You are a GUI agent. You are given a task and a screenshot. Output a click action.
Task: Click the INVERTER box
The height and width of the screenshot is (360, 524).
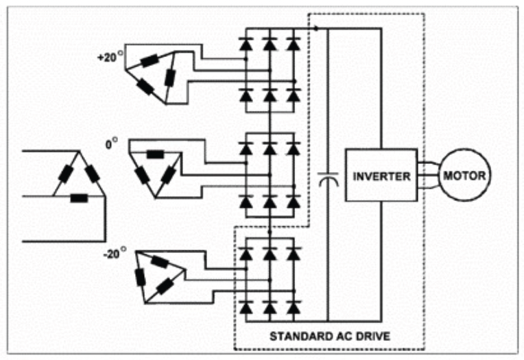pyautogui.click(x=381, y=176)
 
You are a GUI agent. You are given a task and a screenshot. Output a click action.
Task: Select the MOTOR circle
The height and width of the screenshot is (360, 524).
pyautogui.click(x=464, y=176)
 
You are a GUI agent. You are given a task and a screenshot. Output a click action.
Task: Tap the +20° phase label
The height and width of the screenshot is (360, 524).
pyautogui.click(x=109, y=58)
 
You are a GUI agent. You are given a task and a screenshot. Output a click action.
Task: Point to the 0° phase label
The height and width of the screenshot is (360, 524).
pyautogui.click(x=111, y=145)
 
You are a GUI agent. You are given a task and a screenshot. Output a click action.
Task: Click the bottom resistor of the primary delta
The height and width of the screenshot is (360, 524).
pyautogui.click(x=80, y=198)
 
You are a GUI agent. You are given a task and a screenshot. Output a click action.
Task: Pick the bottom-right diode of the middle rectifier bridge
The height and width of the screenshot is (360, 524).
pyautogui.click(x=294, y=202)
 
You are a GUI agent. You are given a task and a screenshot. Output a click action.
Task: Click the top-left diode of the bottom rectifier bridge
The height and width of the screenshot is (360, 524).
pyautogui.click(x=245, y=254)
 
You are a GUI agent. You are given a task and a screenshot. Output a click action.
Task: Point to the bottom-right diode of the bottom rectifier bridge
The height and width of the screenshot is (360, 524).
pyautogui.click(x=294, y=306)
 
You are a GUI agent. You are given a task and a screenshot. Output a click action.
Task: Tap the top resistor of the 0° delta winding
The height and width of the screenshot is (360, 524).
pyautogui.click(x=155, y=154)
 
